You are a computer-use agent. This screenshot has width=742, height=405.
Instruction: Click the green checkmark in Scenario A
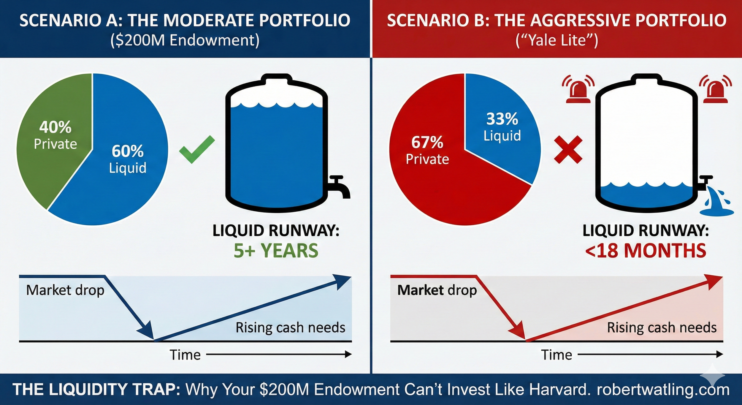click(x=197, y=149)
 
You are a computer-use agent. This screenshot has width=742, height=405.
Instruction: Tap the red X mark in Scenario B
click(x=568, y=150)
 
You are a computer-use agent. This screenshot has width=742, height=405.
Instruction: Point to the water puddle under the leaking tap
click(x=716, y=212)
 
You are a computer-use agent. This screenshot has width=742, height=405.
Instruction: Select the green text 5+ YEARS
click(x=276, y=251)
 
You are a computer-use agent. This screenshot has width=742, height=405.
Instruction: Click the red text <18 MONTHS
click(x=646, y=251)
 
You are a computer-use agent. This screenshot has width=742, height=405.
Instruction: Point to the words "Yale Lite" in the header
click(x=556, y=40)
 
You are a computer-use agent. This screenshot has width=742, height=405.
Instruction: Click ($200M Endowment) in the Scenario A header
click(x=185, y=40)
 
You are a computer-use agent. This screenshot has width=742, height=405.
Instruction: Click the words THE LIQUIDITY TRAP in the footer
click(x=96, y=390)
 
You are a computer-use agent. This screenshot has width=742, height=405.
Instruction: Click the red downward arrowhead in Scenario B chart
click(x=519, y=332)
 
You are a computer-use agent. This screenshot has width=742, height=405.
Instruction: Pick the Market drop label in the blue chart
click(x=65, y=290)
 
